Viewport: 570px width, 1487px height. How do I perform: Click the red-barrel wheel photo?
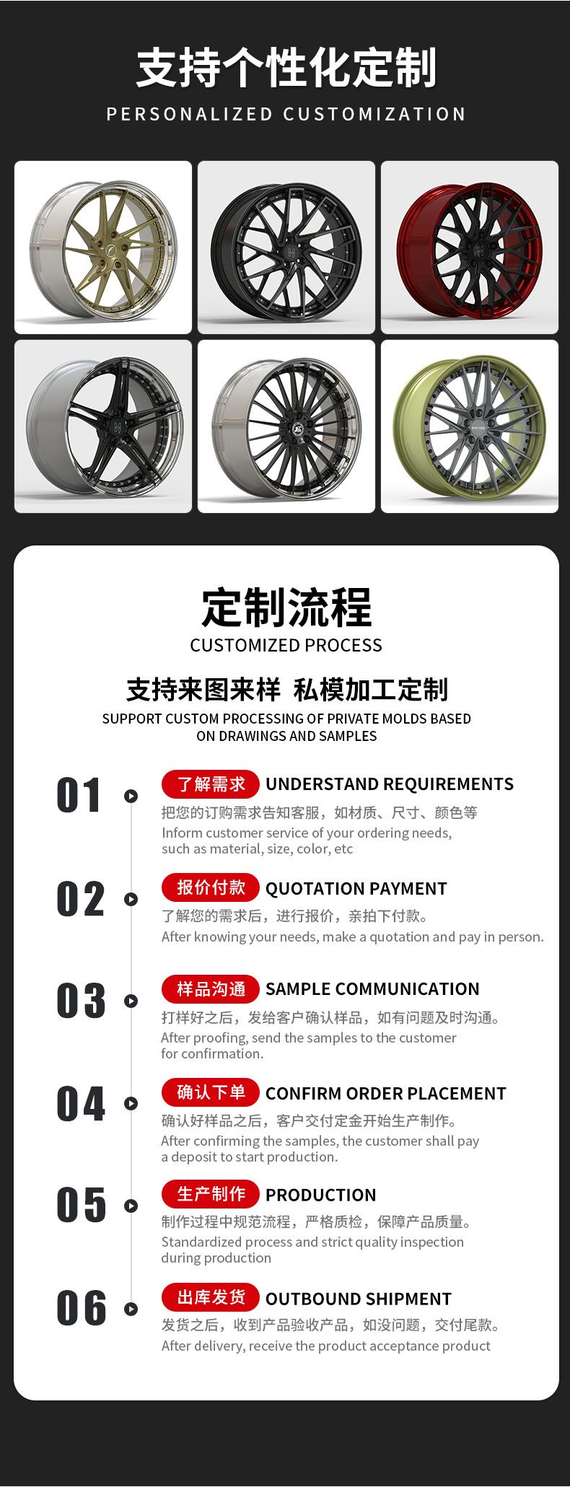(x=470, y=247)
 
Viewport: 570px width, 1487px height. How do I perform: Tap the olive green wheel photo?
(x=470, y=426)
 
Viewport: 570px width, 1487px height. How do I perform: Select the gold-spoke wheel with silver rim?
(x=103, y=247)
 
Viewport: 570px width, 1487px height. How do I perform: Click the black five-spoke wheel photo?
(x=103, y=426)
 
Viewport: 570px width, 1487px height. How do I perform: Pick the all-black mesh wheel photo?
(x=286, y=247)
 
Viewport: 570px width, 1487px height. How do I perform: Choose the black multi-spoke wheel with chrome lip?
(x=286, y=426)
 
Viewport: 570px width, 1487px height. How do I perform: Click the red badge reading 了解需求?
(x=210, y=784)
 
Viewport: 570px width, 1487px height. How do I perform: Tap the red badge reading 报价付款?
(x=210, y=887)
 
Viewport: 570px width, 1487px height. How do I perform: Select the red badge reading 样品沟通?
(x=210, y=988)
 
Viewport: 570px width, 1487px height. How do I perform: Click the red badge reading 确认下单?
(x=210, y=1092)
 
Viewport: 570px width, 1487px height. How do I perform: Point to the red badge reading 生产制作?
(x=210, y=1195)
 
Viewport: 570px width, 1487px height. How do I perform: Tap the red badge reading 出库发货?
(x=210, y=1298)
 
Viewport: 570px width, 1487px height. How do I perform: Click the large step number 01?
(x=79, y=796)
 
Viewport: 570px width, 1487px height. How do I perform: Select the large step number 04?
(x=81, y=1104)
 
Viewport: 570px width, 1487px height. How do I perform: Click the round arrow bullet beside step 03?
(x=131, y=1001)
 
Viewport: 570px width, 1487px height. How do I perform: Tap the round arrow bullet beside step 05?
(x=131, y=1206)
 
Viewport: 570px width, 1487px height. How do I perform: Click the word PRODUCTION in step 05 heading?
(x=320, y=1196)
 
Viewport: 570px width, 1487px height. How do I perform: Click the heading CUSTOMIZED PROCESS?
(x=286, y=645)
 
